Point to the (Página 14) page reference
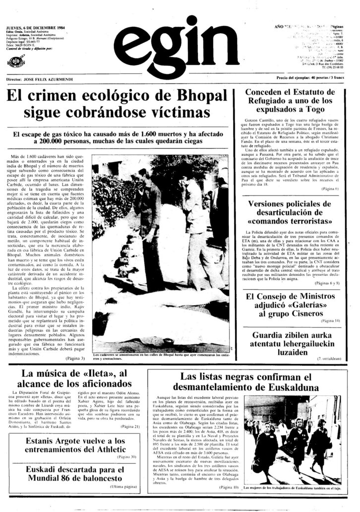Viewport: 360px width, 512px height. click(x=330, y=322)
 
